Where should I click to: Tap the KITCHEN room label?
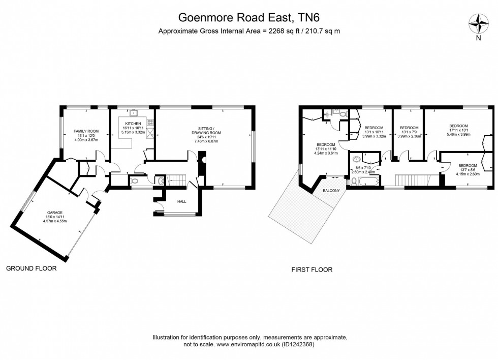[133, 124]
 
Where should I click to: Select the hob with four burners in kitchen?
[150, 122]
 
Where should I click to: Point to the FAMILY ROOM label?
[86, 131]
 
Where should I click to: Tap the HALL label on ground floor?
[181, 202]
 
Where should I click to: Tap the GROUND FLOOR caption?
[31, 268]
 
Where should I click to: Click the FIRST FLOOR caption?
[312, 269]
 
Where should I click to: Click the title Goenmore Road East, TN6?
[249, 18]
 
